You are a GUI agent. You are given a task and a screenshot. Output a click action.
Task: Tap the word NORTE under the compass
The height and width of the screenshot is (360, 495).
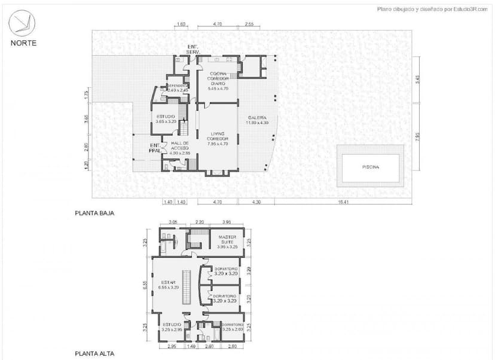click(x=23, y=42)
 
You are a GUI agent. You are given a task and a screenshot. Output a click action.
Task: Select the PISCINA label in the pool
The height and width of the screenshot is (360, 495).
click(x=371, y=166)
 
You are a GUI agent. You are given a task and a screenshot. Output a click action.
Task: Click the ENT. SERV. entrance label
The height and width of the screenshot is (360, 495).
click(x=193, y=49)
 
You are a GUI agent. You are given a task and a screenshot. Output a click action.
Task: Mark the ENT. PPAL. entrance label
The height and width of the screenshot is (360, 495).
click(x=155, y=148)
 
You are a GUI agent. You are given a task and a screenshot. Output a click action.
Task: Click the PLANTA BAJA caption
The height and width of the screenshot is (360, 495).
click(x=94, y=212)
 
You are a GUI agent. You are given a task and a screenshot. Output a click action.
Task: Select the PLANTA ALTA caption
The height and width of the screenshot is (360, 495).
click(x=94, y=353)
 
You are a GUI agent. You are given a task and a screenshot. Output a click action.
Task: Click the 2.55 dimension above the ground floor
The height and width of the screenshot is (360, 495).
click(x=249, y=25)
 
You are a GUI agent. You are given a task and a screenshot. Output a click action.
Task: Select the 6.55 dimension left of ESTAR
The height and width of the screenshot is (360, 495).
click(x=145, y=285)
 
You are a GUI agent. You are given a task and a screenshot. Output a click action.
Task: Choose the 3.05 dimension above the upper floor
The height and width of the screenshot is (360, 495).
click(x=173, y=222)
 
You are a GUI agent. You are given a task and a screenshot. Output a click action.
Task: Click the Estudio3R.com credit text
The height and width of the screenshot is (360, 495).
click(x=432, y=9)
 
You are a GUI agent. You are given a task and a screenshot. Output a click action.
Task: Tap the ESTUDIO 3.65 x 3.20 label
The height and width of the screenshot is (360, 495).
click(x=166, y=118)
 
